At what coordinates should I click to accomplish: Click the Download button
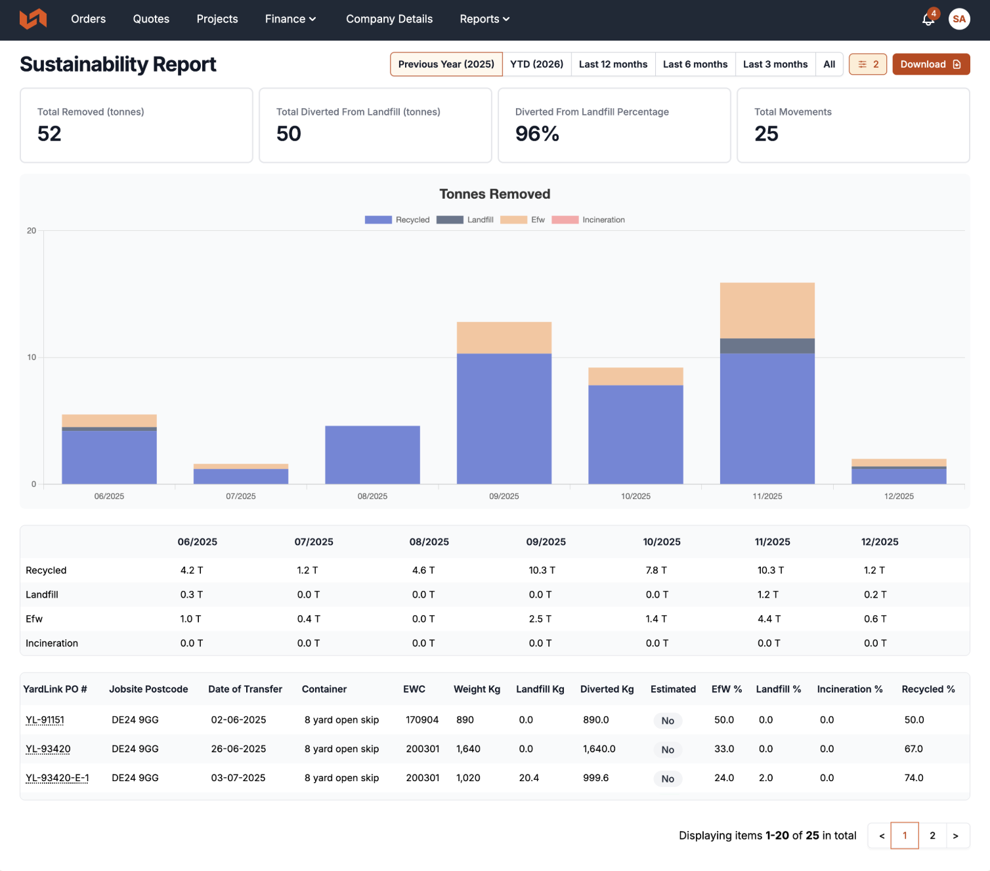[931, 64]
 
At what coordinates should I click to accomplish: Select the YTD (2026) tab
[536, 64]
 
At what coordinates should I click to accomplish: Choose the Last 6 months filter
[695, 64]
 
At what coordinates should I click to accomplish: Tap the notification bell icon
[928, 20]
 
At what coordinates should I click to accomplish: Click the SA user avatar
[958, 19]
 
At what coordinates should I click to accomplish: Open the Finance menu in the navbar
[290, 19]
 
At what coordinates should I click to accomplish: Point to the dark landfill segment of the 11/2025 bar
[767, 346]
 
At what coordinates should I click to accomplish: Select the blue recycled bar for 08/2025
[372, 455]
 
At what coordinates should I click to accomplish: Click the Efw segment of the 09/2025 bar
[504, 337]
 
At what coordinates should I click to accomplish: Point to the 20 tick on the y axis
[32, 230]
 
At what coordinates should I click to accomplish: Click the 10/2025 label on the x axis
[635, 496]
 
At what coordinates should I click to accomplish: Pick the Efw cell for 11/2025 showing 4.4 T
[769, 618]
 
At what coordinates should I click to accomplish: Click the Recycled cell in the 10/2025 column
[656, 570]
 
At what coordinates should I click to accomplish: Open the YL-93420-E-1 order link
[57, 778]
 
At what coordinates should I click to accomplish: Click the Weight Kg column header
[477, 689]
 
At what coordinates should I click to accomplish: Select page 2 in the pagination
[932, 836]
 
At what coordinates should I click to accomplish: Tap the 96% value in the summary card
[537, 133]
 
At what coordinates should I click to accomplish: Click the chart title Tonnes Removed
[494, 194]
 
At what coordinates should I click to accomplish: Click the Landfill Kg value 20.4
[528, 778]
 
